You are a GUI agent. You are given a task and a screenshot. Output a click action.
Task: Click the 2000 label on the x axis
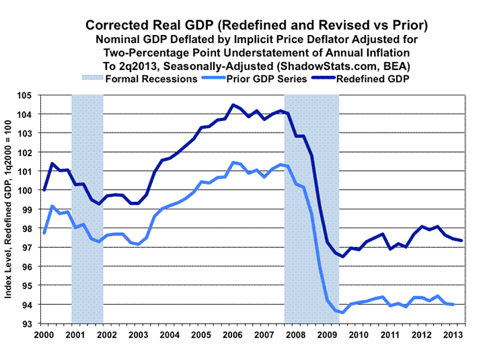(x=44, y=334)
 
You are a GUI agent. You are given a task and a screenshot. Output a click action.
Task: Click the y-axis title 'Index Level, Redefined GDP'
(x=13, y=209)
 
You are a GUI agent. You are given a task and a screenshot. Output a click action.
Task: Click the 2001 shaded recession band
(x=87, y=209)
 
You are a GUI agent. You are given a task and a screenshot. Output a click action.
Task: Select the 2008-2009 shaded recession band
(x=311, y=209)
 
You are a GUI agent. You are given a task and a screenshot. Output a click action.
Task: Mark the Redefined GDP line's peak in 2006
(x=233, y=105)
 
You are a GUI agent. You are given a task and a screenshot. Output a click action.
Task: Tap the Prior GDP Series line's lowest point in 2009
(x=343, y=312)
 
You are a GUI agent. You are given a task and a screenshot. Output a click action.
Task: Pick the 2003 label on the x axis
(x=138, y=334)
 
